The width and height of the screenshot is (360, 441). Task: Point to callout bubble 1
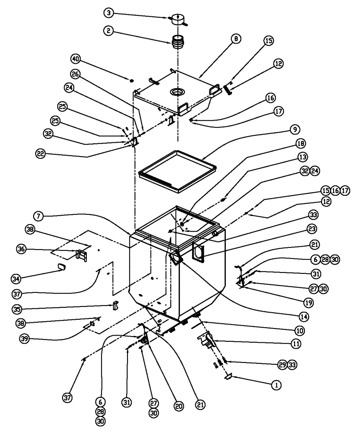(276, 385)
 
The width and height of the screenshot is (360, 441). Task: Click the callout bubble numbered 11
(296, 342)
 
